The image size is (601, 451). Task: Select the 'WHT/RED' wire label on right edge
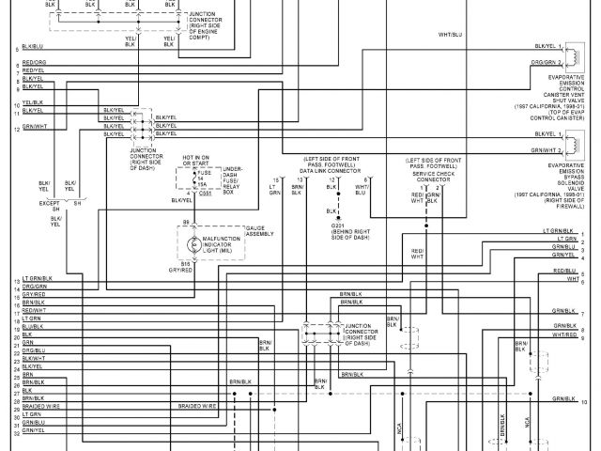pos(564,334)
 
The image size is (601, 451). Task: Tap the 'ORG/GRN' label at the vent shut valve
pos(546,63)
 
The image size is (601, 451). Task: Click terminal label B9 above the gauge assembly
pos(187,222)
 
